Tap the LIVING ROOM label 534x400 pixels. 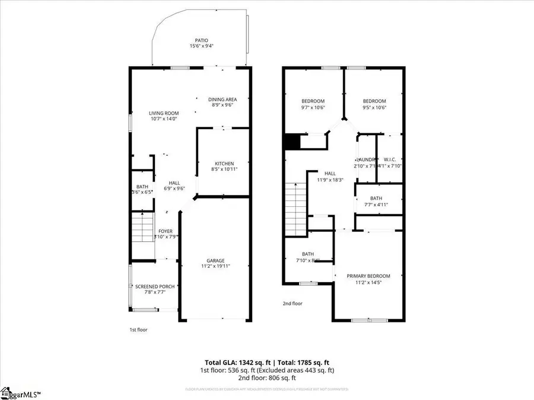click(x=164, y=113)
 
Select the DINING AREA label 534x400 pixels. click(x=223, y=100)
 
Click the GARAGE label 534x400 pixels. click(x=215, y=261)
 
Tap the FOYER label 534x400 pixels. click(x=164, y=231)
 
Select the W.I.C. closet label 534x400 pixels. click(x=389, y=159)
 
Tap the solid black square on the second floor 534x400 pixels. click(x=291, y=142)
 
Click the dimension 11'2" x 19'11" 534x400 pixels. click(x=215, y=267)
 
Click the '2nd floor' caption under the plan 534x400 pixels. click(x=293, y=303)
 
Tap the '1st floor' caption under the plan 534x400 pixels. click(x=138, y=329)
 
